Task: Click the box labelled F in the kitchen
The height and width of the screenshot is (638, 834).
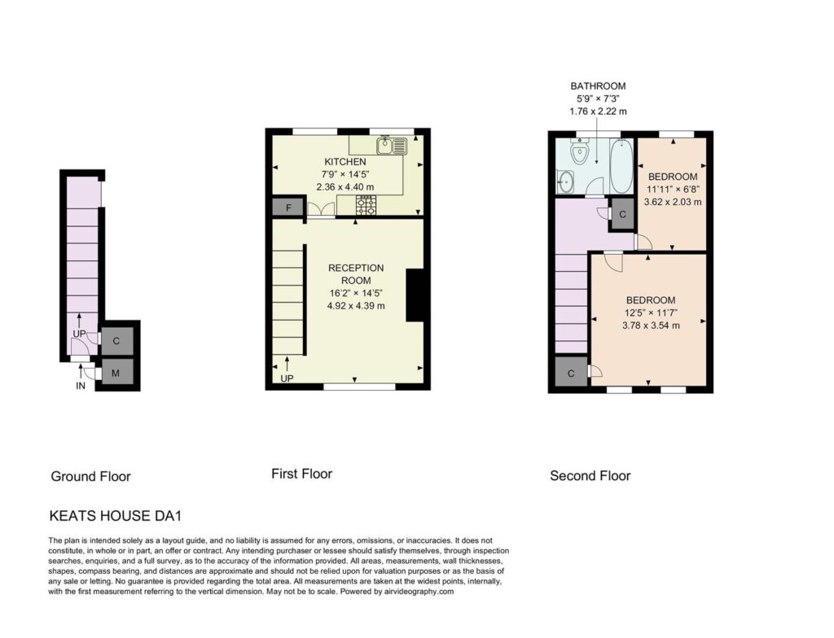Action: (x=288, y=208)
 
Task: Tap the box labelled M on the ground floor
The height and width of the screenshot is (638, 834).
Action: (x=116, y=374)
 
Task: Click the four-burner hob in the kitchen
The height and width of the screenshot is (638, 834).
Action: (x=366, y=205)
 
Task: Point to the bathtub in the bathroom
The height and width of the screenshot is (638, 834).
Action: (x=621, y=166)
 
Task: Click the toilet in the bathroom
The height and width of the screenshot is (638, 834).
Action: (x=578, y=151)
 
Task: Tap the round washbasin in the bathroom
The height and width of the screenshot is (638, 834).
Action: (x=564, y=182)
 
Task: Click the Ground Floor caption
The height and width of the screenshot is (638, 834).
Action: (x=91, y=476)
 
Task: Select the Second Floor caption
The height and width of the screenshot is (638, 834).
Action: (x=590, y=476)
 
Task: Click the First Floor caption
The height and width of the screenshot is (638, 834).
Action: (x=301, y=474)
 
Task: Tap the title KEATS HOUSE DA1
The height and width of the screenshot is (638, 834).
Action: (x=116, y=516)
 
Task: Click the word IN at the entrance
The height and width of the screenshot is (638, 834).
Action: (x=81, y=386)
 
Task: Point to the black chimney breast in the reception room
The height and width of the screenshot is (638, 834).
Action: (x=415, y=295)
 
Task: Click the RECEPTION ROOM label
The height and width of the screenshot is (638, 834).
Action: (x=356, y=274)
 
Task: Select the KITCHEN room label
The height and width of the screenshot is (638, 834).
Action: (x=345, y=162)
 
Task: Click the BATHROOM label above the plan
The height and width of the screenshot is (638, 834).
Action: (x=598, y=85)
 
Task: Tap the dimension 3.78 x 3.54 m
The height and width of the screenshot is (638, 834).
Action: (x=651, y=326)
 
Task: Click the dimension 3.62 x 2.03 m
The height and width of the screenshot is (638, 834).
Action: (x=672, y=202)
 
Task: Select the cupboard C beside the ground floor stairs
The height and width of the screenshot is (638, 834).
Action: (x=116, y=341)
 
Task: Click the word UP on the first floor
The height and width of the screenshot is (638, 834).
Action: (x=287, y=378)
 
